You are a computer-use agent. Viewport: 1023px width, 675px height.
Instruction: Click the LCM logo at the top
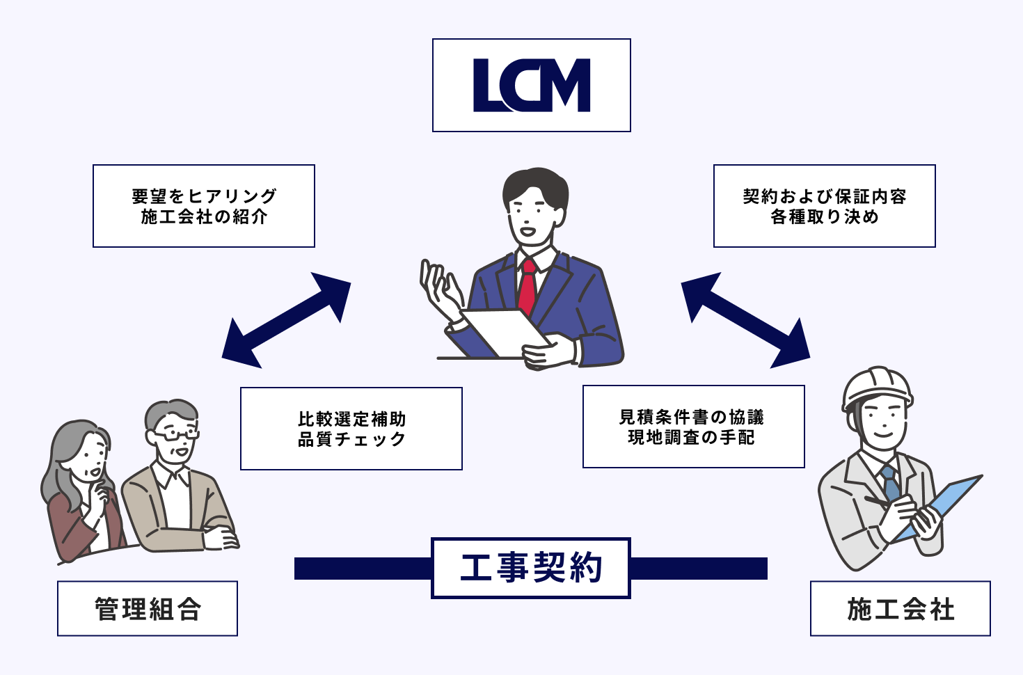[531, 86]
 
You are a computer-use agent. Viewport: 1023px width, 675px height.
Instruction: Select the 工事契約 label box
[531, 568]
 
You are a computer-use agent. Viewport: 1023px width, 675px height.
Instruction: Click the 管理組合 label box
[148, 609]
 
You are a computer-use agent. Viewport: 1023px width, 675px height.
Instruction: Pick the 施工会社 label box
[901, 609]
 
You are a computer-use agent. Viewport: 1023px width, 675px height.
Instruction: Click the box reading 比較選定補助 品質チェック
[351, 429]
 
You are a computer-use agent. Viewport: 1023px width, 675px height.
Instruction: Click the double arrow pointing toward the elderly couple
[286, 320]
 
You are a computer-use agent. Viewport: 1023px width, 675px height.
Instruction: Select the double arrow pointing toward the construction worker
[745, 320]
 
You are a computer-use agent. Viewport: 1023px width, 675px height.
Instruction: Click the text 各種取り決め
[825, 217]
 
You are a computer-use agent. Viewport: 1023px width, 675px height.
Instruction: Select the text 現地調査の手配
[691, 438]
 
